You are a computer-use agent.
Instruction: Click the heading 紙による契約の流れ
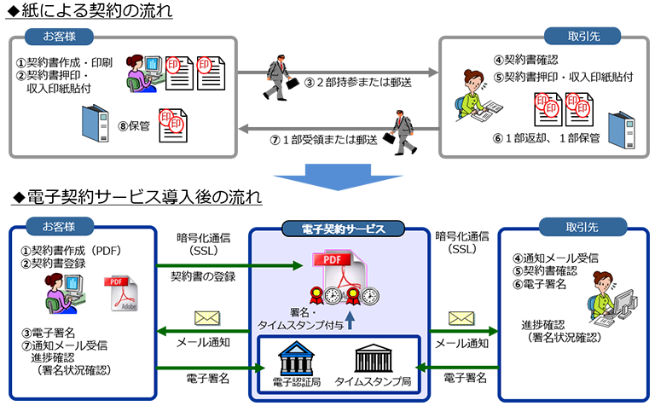click(x=95, y=12)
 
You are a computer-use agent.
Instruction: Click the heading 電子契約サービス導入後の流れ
click(x=137, y=197)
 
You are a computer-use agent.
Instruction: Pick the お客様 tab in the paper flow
click(x=57, y=36)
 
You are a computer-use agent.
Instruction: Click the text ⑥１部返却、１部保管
click(x=547, y=137)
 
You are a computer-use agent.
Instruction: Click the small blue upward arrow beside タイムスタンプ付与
click(x=350, y=322)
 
